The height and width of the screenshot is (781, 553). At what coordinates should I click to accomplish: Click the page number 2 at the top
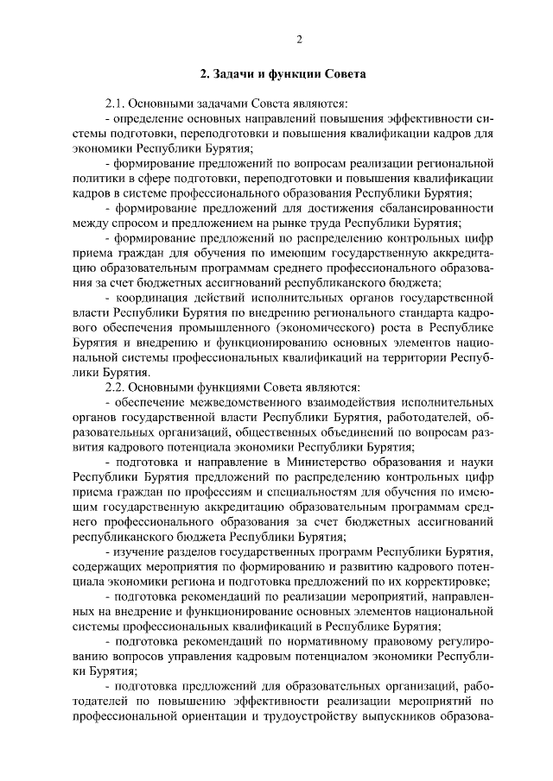click(298, 39)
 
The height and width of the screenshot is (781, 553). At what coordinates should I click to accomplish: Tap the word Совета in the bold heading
click(342, 74)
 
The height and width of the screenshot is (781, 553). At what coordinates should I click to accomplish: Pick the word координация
click(149, 296)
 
